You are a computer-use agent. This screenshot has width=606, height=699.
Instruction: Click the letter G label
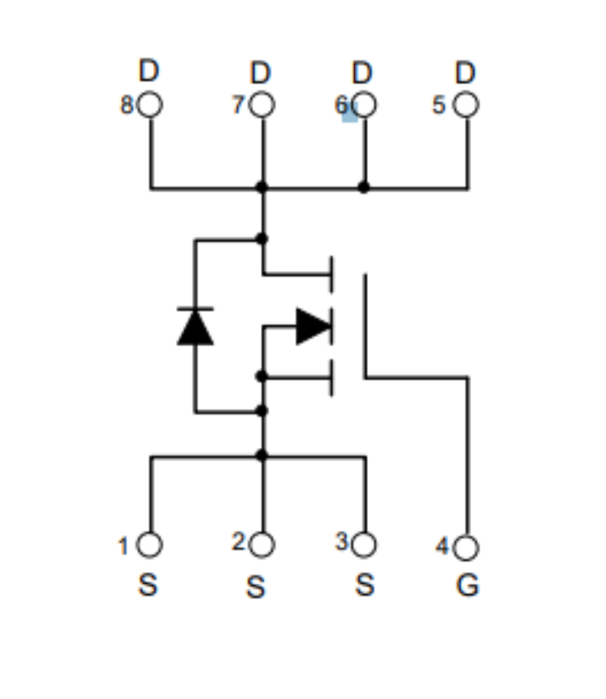pos(468,585)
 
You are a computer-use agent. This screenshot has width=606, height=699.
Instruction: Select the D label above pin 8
pos(149,70)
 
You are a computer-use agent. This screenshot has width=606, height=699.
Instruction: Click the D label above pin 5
pos(466,73)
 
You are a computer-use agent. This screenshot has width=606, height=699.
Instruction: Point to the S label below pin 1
pos(148,585)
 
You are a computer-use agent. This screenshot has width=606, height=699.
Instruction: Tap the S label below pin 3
pos(364,585)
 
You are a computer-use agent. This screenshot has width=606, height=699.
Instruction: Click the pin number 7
pos(238,106)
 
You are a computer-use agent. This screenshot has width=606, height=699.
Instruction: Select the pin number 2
pos(239,542)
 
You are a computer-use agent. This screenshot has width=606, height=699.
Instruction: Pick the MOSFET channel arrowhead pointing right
pos(314,326)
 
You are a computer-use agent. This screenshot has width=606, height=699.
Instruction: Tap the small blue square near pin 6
pos(350,115)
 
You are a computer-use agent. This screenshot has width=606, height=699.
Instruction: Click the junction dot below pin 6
pos(364,188)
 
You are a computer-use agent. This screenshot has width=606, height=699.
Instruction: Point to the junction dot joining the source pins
pos(262,456)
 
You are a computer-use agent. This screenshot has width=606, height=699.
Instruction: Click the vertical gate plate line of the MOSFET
pos(365,326)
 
